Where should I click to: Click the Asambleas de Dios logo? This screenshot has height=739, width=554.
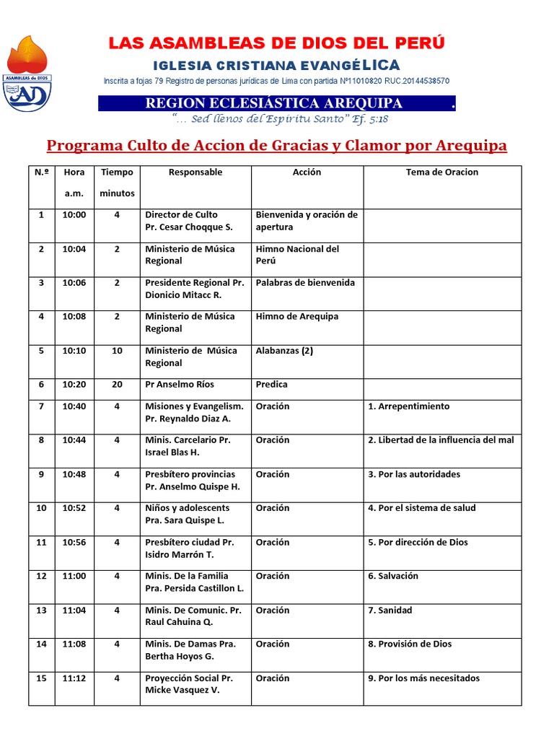point(28,73)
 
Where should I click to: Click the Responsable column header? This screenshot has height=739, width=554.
point(195,172)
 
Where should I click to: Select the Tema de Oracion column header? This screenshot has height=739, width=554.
point(441,172)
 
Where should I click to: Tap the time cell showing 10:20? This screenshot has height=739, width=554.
point(74,385)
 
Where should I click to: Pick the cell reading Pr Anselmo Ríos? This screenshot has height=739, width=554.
point(180,385)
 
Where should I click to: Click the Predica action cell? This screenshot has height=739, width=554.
point(272,385)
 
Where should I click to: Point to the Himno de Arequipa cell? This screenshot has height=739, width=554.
point(297,317)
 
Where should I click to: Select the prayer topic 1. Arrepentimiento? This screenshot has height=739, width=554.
point(408,406)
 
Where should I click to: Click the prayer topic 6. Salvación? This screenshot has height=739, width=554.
point(393,576)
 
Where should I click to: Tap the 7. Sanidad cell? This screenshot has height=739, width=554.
point(390,611)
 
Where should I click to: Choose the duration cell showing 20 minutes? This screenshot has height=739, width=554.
point(117,385)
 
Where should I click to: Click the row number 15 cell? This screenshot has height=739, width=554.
point(41,678)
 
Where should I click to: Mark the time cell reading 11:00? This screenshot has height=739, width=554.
point(74,576)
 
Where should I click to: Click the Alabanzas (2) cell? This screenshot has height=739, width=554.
point(284,351)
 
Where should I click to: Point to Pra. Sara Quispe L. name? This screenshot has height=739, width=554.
point(185,520)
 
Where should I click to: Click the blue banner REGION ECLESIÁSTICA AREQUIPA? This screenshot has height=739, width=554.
point(274,103)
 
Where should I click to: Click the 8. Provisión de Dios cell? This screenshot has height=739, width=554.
point(410,644)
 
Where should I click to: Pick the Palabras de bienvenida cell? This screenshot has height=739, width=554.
point(305,283)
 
